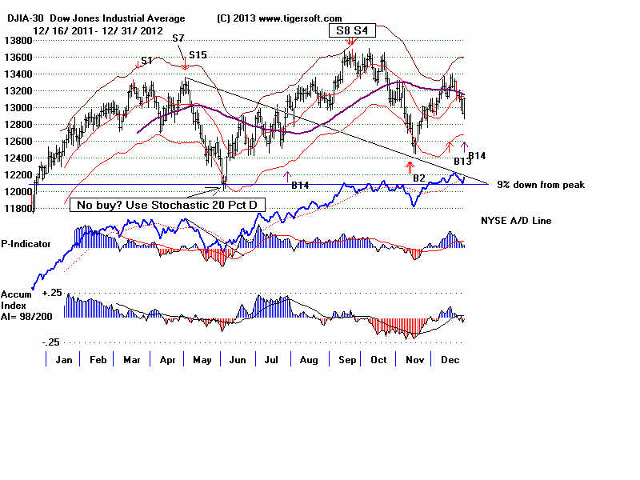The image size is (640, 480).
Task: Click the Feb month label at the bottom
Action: [x=98, y=360]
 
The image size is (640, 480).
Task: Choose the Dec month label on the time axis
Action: [x=450, y=360]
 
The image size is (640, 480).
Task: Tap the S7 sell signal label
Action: [x=178, y=38]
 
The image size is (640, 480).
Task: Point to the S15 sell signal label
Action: [x=198, y=55]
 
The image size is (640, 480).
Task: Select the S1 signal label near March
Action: [x=146, y=61]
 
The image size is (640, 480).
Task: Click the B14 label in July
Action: [x=300, y=185]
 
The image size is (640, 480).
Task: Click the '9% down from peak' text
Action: [x=540, y=185]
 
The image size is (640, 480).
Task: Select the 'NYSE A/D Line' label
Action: [x=516, y=220]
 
